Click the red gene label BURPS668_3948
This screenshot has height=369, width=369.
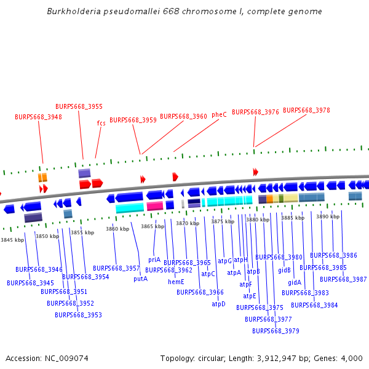38,117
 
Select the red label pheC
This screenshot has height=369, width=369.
219,115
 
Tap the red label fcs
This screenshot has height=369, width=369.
101,123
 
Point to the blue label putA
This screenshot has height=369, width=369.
140,279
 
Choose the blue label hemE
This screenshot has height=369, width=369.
176,282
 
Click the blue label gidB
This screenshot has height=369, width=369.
284,270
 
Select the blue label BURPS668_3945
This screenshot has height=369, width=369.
30,283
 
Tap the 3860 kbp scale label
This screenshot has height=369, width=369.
117,229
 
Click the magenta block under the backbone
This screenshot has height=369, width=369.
155,206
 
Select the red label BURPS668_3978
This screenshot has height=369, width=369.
306,111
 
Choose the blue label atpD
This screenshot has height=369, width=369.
218,304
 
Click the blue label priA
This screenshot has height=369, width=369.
154,260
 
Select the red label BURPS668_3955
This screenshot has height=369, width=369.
79,106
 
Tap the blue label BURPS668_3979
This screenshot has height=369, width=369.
276,331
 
